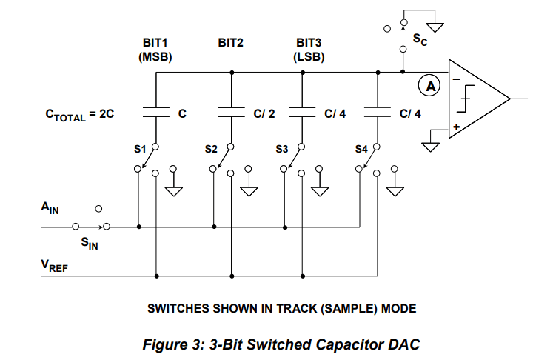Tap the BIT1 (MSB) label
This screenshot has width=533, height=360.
(x=155, y=49)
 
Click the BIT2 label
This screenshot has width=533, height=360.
(x=230, y=43)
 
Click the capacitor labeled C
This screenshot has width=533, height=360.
(x=157, y=113)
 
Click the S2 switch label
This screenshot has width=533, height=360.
(x=211, y=149)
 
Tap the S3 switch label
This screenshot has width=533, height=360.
(x=281, y=149)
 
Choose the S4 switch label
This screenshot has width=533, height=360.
(x=361, y=149)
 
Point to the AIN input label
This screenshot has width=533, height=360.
(x=50, y=210)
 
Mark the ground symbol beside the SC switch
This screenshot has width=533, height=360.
(x=436, y=27)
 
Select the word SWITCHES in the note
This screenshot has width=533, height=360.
(x=175, y=307)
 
